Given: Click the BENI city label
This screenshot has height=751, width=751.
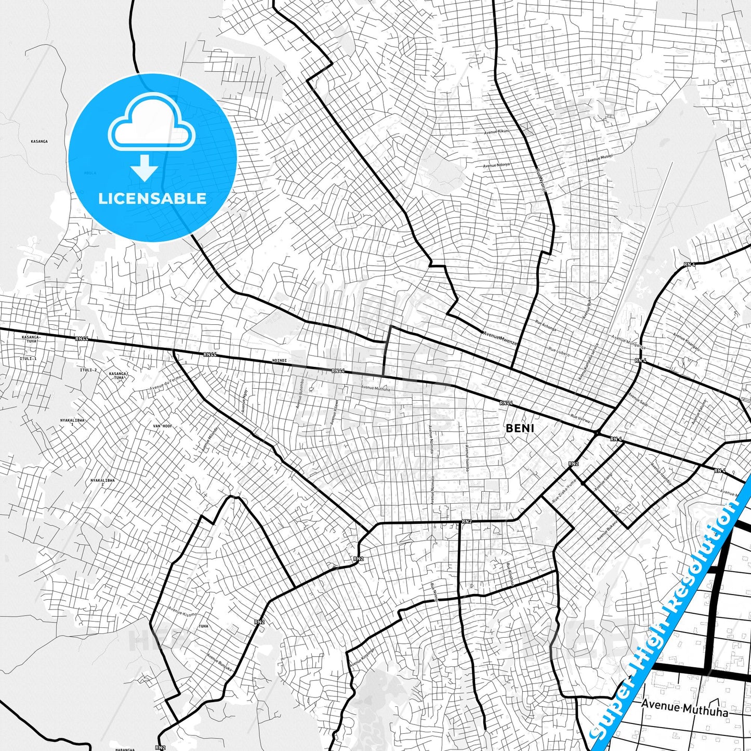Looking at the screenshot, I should click(x=520, y=428).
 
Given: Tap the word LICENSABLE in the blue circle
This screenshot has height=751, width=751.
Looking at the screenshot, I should click(x=152, y=199).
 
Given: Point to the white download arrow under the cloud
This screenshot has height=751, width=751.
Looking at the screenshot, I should click(x=144, y=167).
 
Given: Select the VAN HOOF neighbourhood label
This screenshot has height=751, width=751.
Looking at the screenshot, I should click(x=163, y=426).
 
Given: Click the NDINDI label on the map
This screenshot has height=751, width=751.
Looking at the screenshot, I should click(x=279, y=360).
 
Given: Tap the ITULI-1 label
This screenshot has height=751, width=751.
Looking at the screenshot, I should click(x=28, y=359).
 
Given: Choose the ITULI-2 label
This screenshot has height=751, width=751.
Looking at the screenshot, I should click(x=88, y=370).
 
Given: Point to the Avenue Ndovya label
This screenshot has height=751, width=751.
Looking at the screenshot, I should click(x=496, y=165).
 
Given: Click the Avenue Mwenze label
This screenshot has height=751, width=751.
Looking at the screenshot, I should click(x=500, y=338).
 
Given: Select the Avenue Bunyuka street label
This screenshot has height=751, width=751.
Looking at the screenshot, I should click(x=219, y=663).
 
